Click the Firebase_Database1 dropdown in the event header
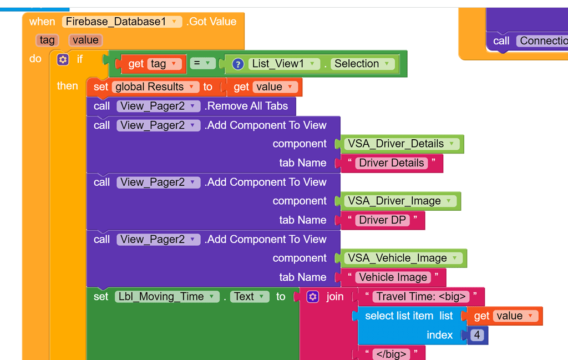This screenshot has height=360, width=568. pyautogui.click(x=121, y=22)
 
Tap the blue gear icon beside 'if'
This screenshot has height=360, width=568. pyautogui.click(x=63, y=59)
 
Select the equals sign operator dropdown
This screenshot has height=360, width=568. pyautogui.click(x=202, y=63)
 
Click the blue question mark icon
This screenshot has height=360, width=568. pyautogui.click(x=237, y=64)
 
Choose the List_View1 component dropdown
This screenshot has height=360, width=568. pyautogui.click(x=284, y=64)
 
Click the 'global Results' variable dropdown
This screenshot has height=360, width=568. pyautogui.click(x=155, y=87)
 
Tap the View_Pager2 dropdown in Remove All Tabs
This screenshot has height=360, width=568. pyautogui.click(x=158, y=106)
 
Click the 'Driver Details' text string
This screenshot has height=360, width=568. pyautogui.click(x=391, y=163)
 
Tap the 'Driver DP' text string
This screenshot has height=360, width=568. pyautogui.click(x=382, y=220)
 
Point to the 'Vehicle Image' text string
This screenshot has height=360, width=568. pyautogui.click(x=393, y=277)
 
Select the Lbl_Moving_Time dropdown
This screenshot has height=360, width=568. pyautogui.click(x=167, y=297)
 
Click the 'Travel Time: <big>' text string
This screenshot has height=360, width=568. pyautogui.click(x=421, y=297)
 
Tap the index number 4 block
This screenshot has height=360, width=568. pyautogui.click(x=477, y=335)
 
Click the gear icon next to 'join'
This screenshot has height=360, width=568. pyautogui.click(x=313, y=297)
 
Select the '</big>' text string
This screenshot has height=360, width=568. pyautogui.click(x=391, y=354)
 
